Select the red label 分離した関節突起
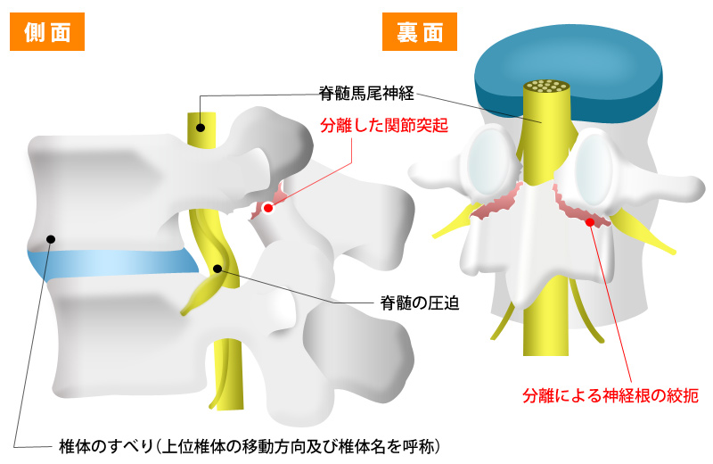(x=383, y=127)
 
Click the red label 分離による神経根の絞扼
(x=611, y=393)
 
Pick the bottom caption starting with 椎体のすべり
(x=250, y=443)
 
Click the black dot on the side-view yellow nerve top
(x=201, y=127)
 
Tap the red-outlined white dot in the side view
(x=267, y=208)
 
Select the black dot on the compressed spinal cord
(x=217, y=267)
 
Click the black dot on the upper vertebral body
(x=51, y=238)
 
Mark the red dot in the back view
(x=591, y=220)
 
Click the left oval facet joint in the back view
(x=489, y=161)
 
